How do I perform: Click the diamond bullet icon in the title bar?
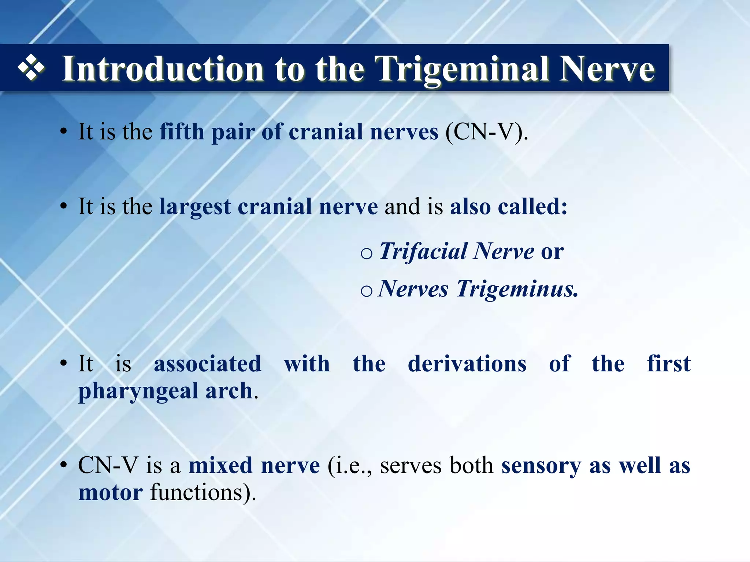coord(31,68)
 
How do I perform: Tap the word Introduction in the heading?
coord(163,69)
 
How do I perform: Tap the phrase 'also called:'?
coord(508,207)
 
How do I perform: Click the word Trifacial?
coord(423,251)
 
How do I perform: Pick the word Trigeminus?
coord(517,289)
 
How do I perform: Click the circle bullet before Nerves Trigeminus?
coord(366,291)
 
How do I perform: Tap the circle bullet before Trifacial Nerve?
coord(366,254)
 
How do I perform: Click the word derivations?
coord(467,364)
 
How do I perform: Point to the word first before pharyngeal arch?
coord(668,364)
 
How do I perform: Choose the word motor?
coord(110,493)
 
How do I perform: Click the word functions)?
coord(203,493)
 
